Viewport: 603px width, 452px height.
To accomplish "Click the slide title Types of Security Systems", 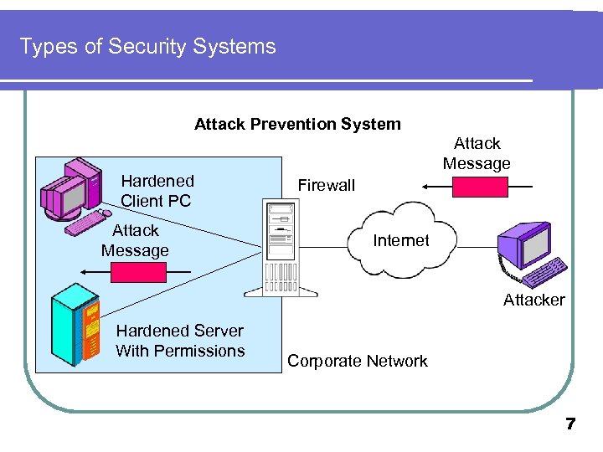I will point(147,46).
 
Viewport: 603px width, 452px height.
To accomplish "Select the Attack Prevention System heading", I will point(297,124).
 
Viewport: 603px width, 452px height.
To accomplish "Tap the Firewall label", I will point(327,185).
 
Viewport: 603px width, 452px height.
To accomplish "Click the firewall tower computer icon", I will point(281,249).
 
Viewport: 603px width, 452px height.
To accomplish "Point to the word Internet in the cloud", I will point(400,240).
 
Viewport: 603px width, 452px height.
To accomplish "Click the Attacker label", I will point(533,300).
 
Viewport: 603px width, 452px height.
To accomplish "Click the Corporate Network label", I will point(358,361).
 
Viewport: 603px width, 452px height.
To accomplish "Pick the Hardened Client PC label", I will point(157,191).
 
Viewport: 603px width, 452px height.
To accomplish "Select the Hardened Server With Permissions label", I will point(180,341).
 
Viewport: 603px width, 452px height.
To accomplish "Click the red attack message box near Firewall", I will point(479,187).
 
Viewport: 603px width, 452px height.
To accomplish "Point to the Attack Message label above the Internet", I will point(477,153).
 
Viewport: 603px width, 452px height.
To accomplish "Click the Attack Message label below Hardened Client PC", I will point(135,240).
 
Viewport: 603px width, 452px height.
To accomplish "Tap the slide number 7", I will point(570,424).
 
